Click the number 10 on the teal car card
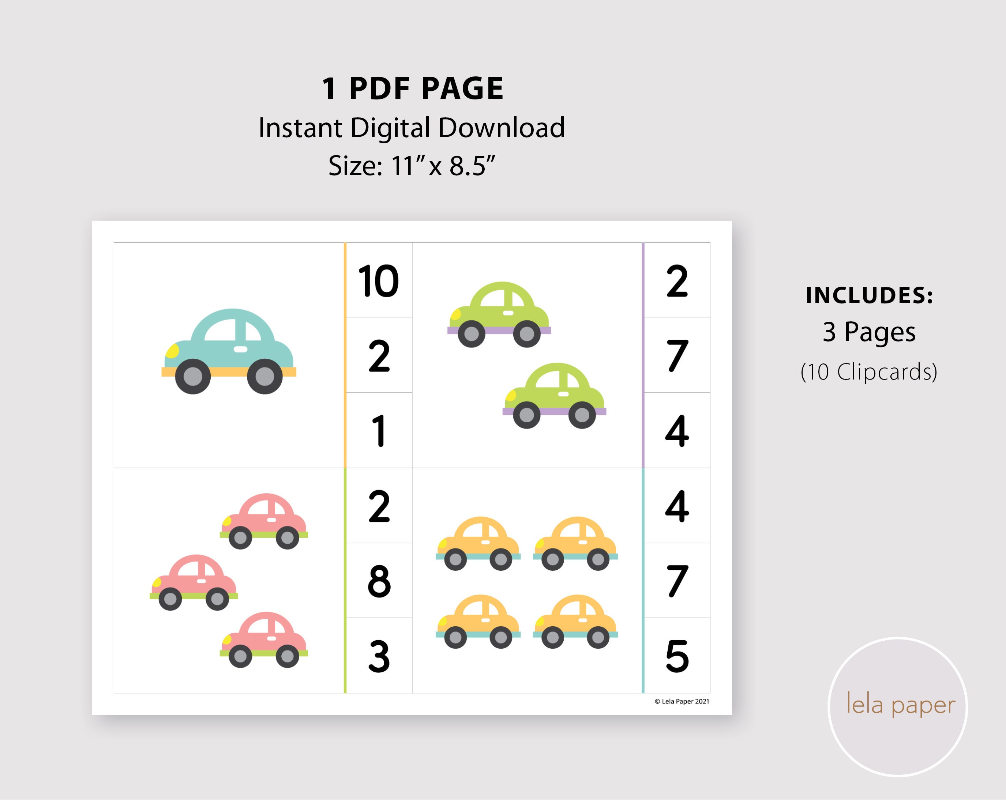[378, 281]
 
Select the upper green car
[499, 313]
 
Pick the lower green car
[554, 395]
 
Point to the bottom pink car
[264, 639]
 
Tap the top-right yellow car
[575, 543]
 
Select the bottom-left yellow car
[478, 621]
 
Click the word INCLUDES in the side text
[869, 295]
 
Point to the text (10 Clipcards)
[869, 372]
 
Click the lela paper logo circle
[897, 707]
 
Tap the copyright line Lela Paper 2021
[682, 702]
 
